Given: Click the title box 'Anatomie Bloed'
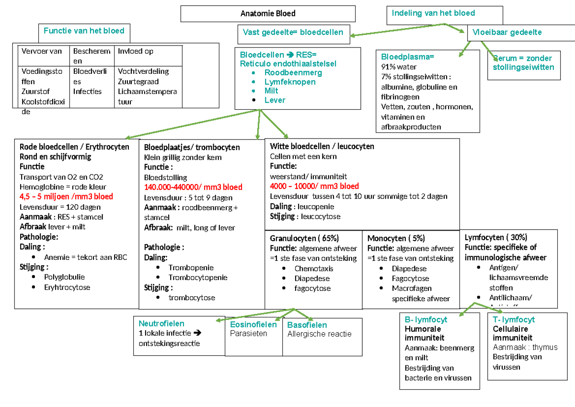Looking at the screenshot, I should (268, 13).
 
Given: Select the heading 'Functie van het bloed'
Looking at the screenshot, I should (84, 31).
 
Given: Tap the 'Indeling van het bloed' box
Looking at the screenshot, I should (433, 13).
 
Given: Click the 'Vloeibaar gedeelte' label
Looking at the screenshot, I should (507, 32).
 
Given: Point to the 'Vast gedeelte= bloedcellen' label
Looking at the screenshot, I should (293, 32).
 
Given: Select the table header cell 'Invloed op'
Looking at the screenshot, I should (136, 51).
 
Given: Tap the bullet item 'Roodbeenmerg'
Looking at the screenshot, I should (293, 73).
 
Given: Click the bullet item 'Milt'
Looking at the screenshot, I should (271, 91).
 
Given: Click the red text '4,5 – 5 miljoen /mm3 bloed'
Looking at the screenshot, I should (66, 197).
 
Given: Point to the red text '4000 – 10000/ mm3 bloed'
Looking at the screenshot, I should (314, 186).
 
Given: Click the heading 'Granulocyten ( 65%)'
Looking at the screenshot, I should (304, 238).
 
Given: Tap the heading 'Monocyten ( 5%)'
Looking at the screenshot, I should (396, 238).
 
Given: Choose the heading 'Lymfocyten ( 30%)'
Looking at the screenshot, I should (496, 237).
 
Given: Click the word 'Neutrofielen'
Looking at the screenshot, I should (161, 324).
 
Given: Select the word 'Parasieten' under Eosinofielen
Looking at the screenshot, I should (248, 334).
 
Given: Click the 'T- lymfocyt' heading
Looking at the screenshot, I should (514, 320).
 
